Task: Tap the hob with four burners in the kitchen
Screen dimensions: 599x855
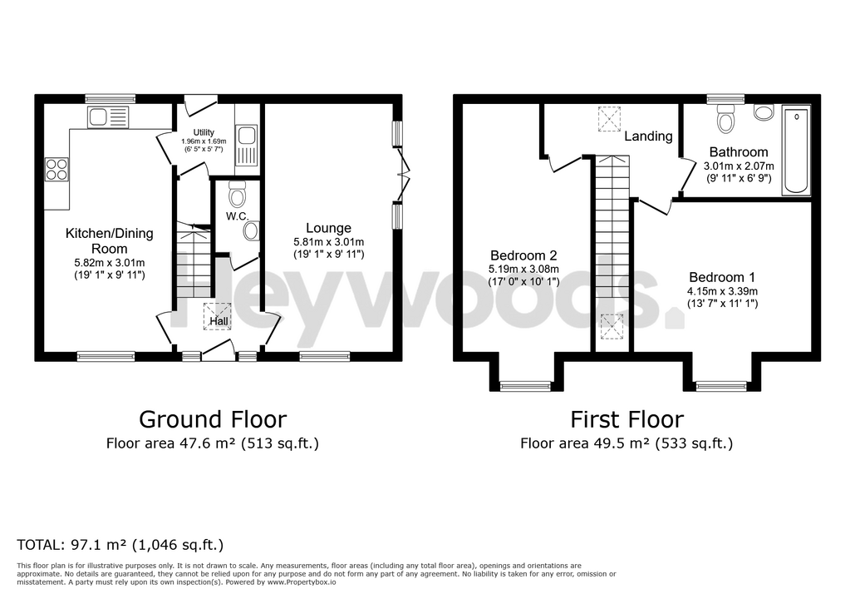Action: [x=57, y=169]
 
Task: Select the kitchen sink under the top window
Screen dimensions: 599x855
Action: [x=108, y=117]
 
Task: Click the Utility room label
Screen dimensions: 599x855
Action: [x=204, y=132]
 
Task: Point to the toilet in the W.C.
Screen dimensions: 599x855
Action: [x=237, y=195]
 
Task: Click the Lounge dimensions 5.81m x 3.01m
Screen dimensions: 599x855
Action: [x=328, y=242]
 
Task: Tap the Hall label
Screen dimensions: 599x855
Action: [x=219, y=321]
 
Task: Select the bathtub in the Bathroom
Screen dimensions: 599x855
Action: [x=796, y=150]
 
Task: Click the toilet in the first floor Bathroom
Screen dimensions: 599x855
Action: [x=726, y=121]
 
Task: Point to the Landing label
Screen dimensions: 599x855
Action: [x=648, y=136]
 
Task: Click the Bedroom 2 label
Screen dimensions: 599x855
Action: [x=523, y=255]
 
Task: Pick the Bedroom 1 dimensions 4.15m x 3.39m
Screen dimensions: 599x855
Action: [x=722, y=291]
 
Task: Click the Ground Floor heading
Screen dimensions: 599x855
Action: [x=212, y=418]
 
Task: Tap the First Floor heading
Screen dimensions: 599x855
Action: [x=627, y=418]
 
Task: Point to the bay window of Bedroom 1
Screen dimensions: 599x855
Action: [x=721, y=385]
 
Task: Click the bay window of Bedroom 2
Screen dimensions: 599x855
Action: [x=525, y=385]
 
